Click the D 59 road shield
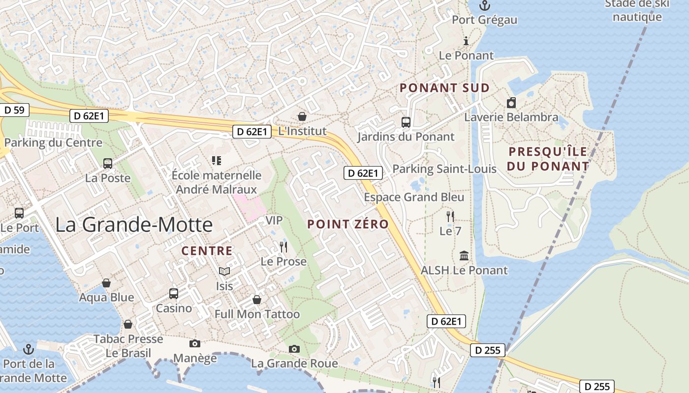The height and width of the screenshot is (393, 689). (14, 110)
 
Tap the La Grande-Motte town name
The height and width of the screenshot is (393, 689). (134, 225)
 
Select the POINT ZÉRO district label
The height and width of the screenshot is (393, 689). (348, 225)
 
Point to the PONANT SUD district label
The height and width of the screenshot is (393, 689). (444, 88)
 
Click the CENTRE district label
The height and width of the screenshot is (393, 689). (207, 251)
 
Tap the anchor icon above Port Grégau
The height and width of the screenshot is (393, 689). (485, 6)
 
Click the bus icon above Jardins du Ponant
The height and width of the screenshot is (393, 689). (406, 122)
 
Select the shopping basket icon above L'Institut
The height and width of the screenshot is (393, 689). (302, 116)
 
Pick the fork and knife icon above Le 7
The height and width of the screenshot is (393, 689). (450, 216)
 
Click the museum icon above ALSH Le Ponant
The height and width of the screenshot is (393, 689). (464, 256)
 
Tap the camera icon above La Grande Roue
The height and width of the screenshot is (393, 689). (294, 349)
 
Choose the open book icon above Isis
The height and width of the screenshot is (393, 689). (224, 271)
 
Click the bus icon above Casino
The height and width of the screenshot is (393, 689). (174, 294)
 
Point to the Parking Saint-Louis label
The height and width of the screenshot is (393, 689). (444, 169)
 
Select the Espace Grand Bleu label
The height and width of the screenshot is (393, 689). (414, 197)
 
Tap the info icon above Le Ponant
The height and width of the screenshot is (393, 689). (466, 41)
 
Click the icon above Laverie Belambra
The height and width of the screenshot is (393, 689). (511, 103)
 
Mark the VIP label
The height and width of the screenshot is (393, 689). (274, 221)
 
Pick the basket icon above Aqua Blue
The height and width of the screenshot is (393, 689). (106, 283)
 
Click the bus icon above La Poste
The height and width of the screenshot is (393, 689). (108, 164)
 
